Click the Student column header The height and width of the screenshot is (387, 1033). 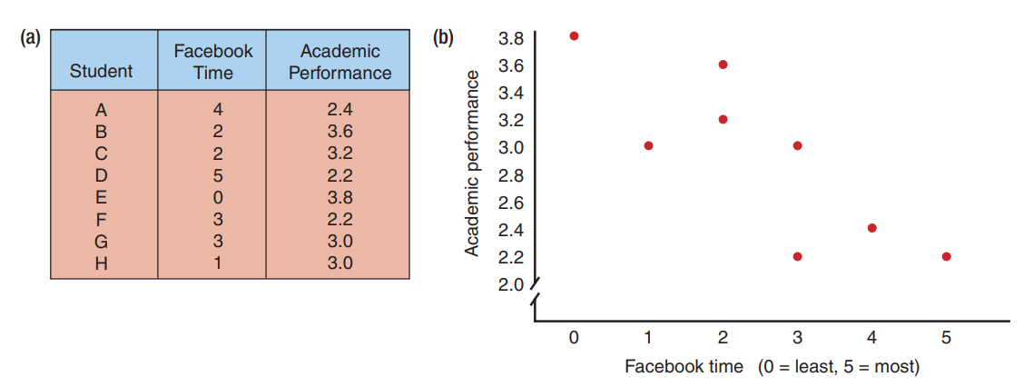pyautogui.click(x=102, y=71)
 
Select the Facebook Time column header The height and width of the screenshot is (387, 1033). pyautogui.click(x=212, y=61)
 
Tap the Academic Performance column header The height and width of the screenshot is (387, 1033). pyautogui.click(x=340, y=61)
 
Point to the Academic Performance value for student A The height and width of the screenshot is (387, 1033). pyautogui.click(x=339, y=110)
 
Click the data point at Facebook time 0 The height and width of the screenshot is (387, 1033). pyautogui.click(x=574, y=36)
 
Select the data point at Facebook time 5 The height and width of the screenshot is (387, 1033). pyautogui.click(x=946, y=256)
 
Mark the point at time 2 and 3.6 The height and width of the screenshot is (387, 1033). pyautogui.click(x=723, y=64)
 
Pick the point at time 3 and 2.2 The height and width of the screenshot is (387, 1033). pyautogui.click(x=797, y=256)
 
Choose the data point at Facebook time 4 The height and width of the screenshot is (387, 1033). pyautogui.click(x=871, y=228)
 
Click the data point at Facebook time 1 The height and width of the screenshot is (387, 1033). pyautogui.click(x=648, y=145)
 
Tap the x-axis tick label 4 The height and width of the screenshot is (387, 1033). pyautogui.click(x=871, y=338)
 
